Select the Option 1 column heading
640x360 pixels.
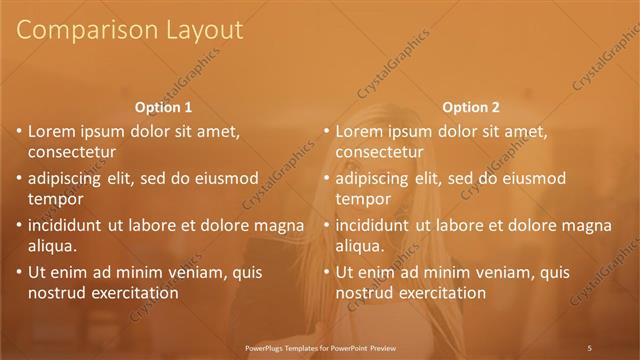point(162,107)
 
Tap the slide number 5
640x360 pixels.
point(590,347)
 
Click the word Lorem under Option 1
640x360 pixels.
point(52,130)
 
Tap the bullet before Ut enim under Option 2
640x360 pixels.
point(326,272)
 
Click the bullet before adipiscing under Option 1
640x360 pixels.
point(19,179)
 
